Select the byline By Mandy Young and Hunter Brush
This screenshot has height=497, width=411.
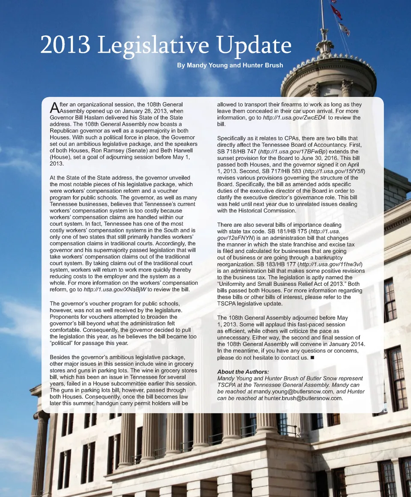tap(230, 66)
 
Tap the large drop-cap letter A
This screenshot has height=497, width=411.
tap(54, 107)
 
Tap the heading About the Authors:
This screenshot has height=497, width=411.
tap(243, 371)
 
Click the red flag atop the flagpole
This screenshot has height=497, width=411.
tap(337, 12)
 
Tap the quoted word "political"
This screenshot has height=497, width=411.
tap(65, 343)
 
